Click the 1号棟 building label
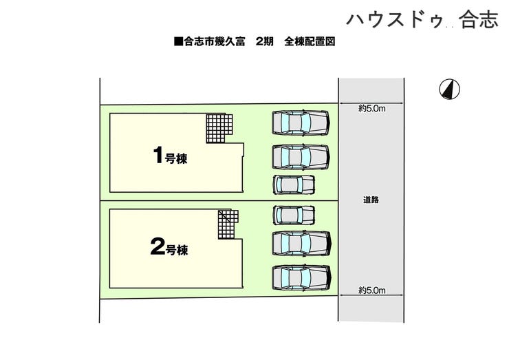pos(170,156)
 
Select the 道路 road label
pos(371,200)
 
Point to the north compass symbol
pos(451,89)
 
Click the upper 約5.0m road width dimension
pos(371,108)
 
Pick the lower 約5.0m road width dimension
pos(371,290)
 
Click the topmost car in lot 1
pos(301,123)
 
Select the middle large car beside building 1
pos(301,156)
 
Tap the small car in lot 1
pos(294,184)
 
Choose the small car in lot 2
pos(294,215)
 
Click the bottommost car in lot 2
pos(301,277)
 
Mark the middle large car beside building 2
pos(301,243)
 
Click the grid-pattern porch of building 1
pos(221,129)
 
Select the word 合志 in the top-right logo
pos(479,20)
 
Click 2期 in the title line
pos(265,42)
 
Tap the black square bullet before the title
pos(178,42)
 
